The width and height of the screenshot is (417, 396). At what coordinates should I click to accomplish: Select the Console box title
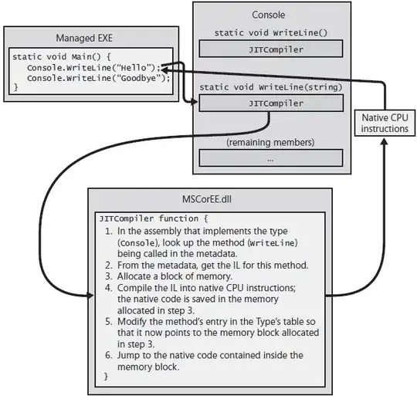(268, 15)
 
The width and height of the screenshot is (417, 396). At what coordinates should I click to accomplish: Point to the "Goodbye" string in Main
(145, 77)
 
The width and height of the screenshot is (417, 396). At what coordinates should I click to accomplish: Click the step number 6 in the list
(108, 355)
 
